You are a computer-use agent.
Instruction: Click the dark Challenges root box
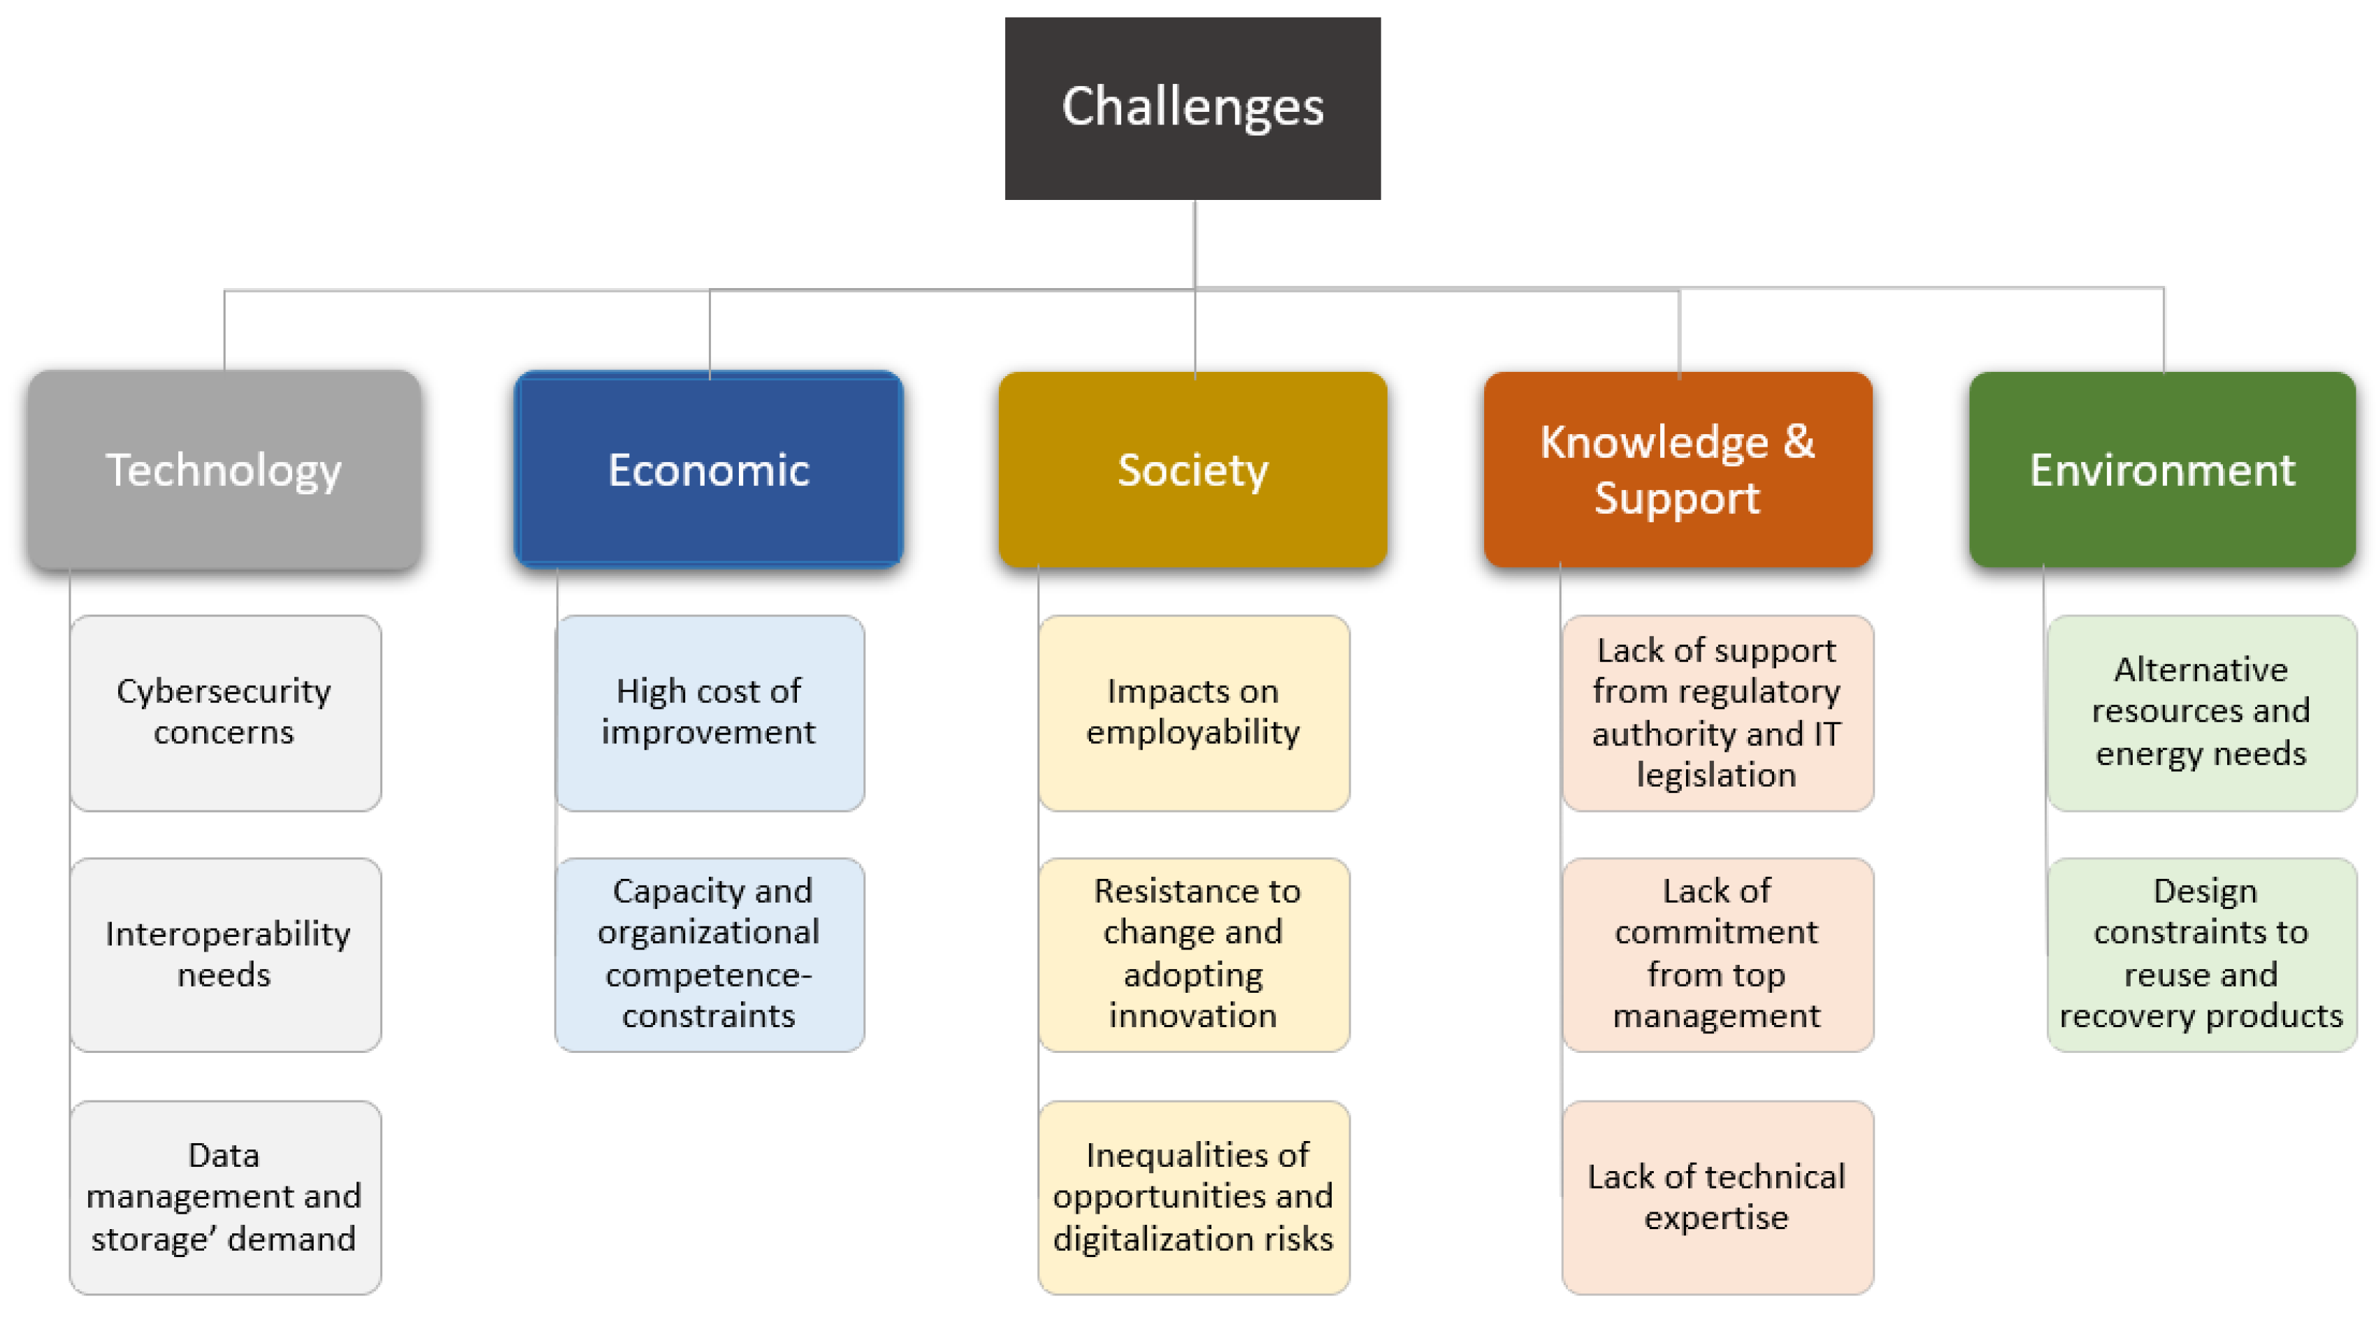coord(1192,108)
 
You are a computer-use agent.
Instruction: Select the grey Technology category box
coord(224,470)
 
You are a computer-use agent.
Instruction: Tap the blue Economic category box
coord(708,470)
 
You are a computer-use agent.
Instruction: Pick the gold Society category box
coord(1192,470)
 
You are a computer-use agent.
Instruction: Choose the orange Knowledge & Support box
coord(1677,470)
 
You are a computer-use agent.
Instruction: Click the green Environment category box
coord(2161,470)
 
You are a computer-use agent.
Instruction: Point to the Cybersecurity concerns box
coord(225,712)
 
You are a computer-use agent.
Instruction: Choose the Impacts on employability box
coord(1193,712)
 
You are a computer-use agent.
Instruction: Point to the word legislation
coord(1715,775)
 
